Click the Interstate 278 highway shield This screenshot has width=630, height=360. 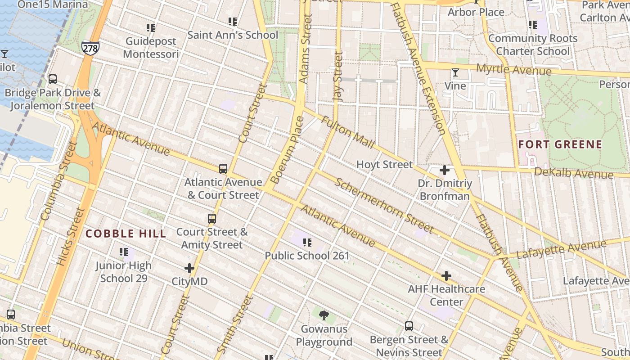(x=90, y=47)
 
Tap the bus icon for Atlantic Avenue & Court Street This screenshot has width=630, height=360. (x=223, y=169)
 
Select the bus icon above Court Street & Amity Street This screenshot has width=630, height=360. (x=212, y=219)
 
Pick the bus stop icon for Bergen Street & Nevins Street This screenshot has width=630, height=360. (x=409, y=326)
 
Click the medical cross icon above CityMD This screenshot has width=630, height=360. (x=189, y=268)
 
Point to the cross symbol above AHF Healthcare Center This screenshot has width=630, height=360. (x=446, y=275)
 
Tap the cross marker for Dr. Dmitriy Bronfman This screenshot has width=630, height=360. (x=445, y=170)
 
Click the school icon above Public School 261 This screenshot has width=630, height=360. (x=307, y=243)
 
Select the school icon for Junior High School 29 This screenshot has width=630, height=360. (x=124, y=252)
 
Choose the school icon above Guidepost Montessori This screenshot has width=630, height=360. (x=151, y=28)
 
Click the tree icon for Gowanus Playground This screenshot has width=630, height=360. (x=324, y=315)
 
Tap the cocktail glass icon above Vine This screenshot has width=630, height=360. (x=455, y=72)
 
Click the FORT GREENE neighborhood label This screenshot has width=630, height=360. (x=560, y=144)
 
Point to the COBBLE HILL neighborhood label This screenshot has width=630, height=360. (x=126, y=234)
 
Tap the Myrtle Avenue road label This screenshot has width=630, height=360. (x=513, y=70)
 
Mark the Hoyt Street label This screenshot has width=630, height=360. (x=384, y=165)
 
